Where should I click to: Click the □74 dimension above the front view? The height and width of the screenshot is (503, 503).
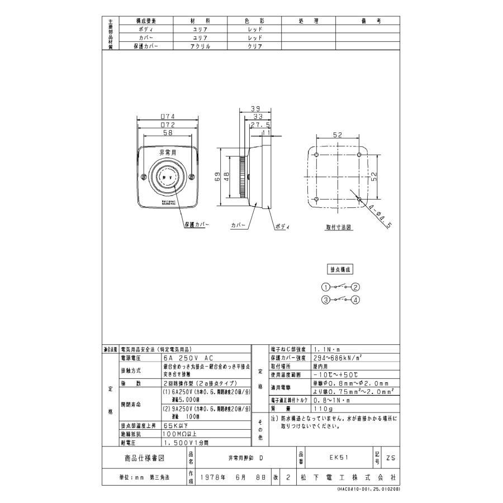[x=168, y=116]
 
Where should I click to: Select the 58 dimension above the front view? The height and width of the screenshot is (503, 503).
[x=168, y=134]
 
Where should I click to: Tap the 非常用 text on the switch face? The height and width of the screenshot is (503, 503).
[x=168, y=151]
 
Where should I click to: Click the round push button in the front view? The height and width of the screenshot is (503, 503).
[x=168, y=176]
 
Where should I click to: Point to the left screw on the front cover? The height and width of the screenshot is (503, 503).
[x=144, y=177]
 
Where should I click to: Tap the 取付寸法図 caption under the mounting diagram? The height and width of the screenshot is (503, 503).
[x=339, y=228]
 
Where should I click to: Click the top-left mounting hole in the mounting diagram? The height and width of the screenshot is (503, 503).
[x=317, y=154]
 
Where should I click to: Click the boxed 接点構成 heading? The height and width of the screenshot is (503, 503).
[x=340, y=269]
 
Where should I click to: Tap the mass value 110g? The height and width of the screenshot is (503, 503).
[x=323, y=409]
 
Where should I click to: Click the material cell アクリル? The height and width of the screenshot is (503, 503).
[x=200, y=47]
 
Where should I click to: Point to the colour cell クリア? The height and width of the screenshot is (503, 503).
[x=255, y=47]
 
